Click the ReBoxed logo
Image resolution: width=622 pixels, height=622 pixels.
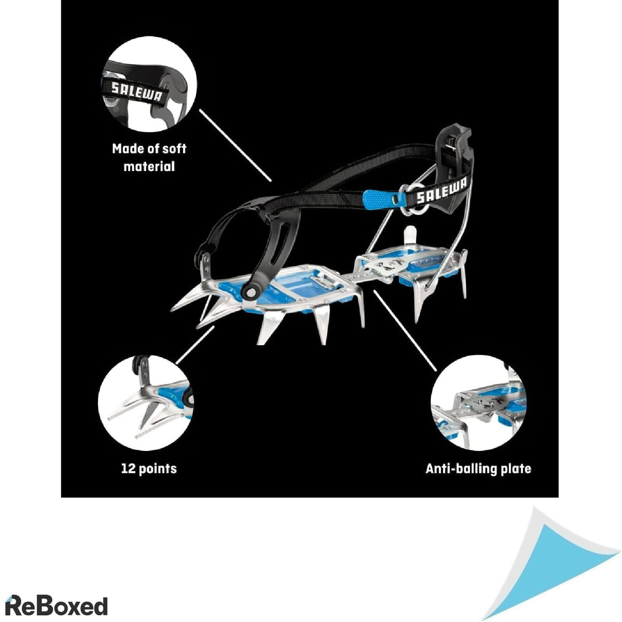point(56,597)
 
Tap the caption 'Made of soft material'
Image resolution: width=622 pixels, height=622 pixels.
point(149,158)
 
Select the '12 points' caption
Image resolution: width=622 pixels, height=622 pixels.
point(149,469)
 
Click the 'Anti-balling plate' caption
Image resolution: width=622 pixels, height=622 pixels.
point(478,469)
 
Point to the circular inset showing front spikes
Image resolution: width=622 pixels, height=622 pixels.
point(146,403)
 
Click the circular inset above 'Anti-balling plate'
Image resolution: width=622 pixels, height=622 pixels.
point(478,403)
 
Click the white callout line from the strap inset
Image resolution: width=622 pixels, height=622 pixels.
point(235,145)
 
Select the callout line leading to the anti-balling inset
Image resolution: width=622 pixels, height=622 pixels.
point(405,330)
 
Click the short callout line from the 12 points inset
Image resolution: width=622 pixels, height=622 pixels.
point(195,345)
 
